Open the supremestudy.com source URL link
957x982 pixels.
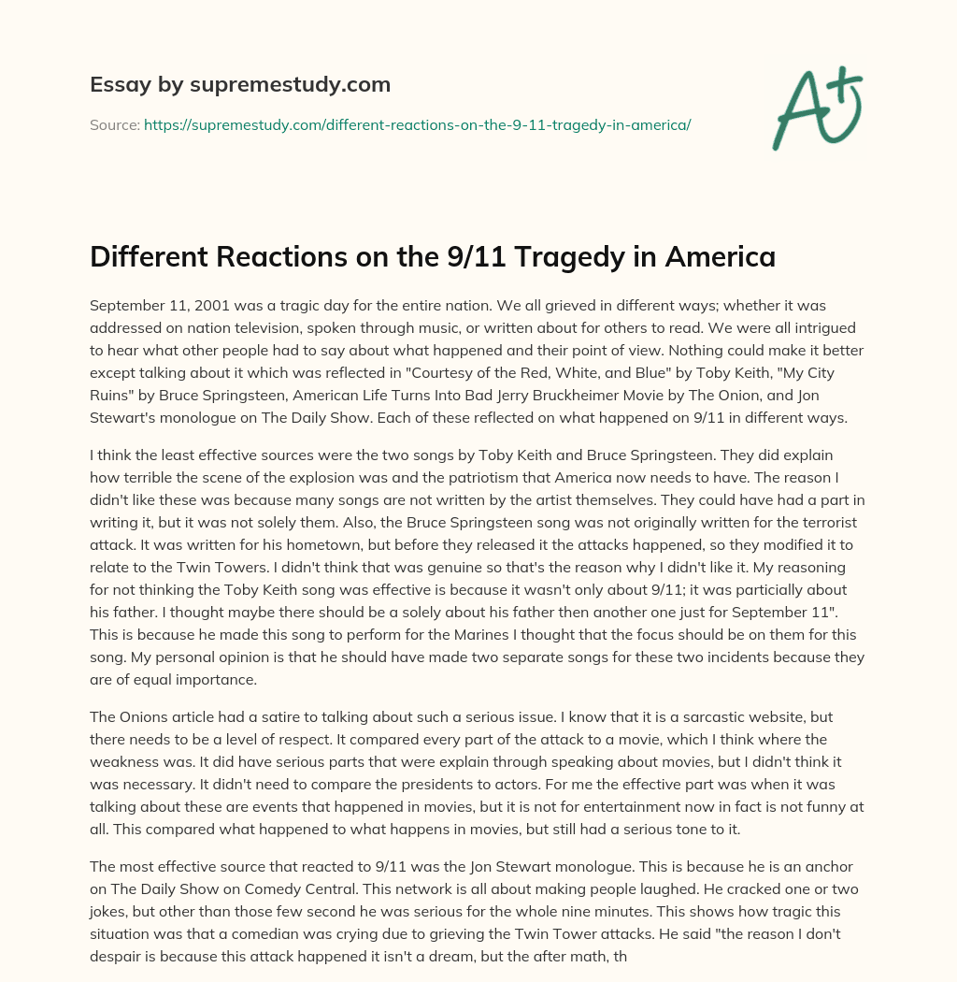click(x=417, y=124)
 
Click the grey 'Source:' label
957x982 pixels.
click(x=114, y=124)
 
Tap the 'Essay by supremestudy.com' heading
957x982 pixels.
click(x=240, y=85)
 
